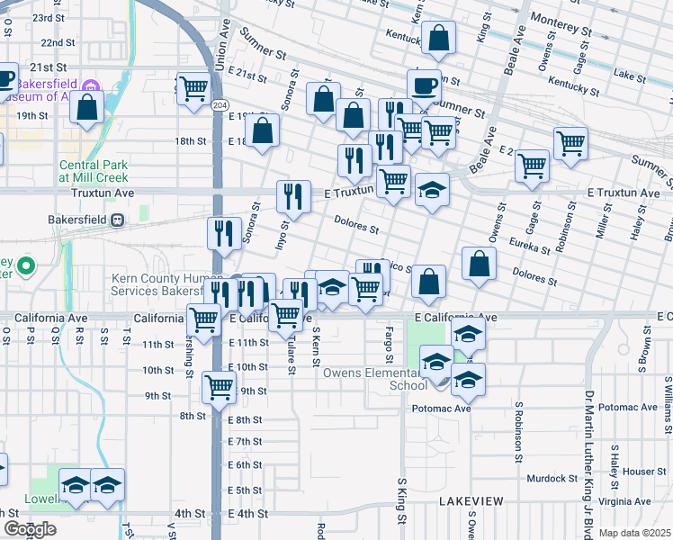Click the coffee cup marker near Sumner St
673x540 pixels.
424,86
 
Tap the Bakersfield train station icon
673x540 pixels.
117,220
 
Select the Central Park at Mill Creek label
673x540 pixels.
94,172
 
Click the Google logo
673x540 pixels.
30,529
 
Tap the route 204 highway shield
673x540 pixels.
220,106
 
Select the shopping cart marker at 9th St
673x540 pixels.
219,387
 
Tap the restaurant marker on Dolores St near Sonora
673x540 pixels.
224,233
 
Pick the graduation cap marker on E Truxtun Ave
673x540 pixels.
432,191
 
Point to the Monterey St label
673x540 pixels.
561,18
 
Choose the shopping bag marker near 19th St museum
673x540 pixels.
86,109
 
